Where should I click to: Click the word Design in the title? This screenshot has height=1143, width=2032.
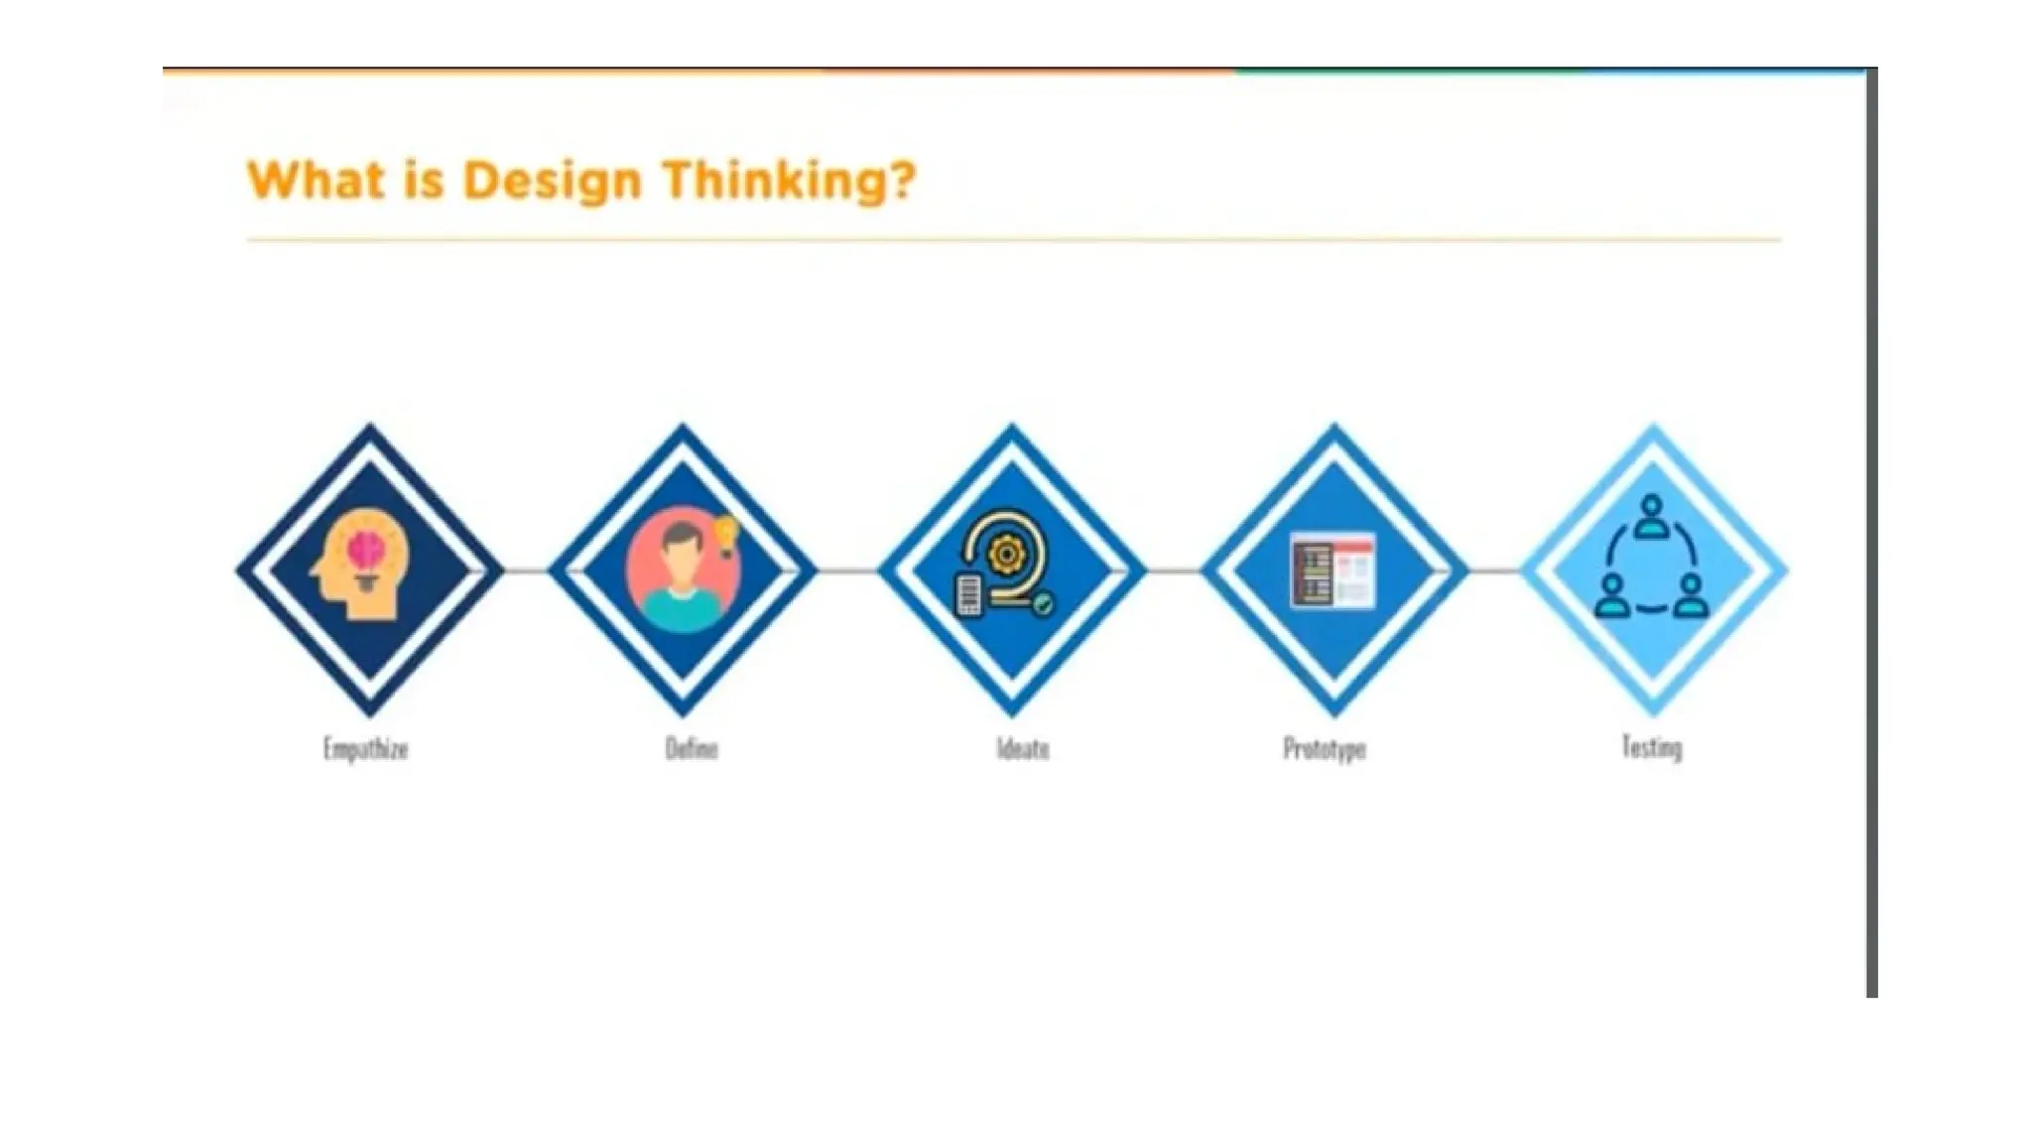point(552,182)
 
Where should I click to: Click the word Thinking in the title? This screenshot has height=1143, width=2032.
point(773,182)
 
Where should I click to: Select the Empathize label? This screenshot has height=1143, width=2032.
point(365,748)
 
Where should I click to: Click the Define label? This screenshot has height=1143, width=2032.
point(692,748)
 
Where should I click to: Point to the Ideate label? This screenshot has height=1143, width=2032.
point(1023,748)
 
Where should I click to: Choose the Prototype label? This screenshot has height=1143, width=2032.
point(1325,748)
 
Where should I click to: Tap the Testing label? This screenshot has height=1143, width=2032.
point(1652,746)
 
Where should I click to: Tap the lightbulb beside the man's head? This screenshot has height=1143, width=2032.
point(727,534)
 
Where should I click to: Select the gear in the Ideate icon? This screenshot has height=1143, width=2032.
point(1006,554)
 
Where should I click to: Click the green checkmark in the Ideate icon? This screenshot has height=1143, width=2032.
point(1043,603)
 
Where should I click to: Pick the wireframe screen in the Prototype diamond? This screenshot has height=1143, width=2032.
point(1333,570)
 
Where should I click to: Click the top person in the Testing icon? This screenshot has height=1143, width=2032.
point(1651,516)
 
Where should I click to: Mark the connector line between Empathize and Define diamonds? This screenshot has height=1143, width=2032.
point(526,571)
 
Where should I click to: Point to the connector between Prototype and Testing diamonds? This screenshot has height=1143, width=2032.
point(1494,571)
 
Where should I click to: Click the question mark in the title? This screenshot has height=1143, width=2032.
point(901,181)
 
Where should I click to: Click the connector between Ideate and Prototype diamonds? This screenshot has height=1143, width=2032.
point(1173,571)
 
